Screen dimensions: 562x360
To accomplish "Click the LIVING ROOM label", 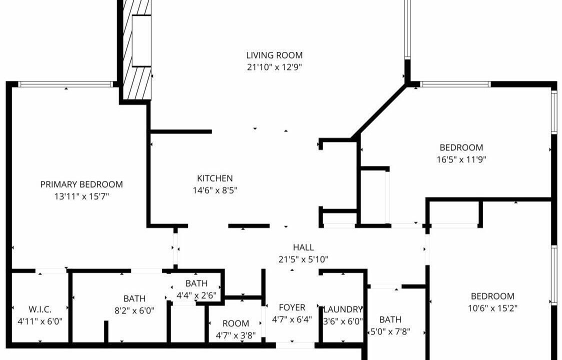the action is click(274, 55).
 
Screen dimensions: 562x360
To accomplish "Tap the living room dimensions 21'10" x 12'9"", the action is click(274, 67).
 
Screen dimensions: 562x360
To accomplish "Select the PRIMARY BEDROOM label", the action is click(81, 184).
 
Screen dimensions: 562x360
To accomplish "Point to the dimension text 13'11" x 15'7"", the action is click(81, 196).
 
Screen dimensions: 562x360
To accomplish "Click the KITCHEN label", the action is click(214, 178).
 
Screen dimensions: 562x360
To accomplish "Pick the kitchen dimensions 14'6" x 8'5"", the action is click(214, 190).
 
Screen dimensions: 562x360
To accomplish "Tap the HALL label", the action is click(303, 247).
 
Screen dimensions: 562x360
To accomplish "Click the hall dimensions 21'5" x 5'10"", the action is click(303, 259).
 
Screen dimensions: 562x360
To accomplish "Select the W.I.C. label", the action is click(40, 309).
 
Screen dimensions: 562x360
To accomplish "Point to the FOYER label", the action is click(292, 307).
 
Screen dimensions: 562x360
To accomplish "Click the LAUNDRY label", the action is click(343, 309).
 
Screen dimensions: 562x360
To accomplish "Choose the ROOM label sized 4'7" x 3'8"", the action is click(235, 323).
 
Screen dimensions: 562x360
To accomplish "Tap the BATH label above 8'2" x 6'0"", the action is click(134, 298).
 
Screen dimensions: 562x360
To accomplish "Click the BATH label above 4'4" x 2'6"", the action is click(196, 283).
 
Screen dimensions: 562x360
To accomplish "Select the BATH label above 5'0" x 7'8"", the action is click(390, 319).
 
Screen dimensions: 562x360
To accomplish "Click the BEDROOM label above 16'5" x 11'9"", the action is click(461, 147).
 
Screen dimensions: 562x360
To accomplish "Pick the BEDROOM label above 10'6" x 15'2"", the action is click(492, 296).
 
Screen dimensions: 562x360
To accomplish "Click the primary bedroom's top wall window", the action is click(65, 84).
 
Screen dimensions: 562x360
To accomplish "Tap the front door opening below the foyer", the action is click(295, 345).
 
